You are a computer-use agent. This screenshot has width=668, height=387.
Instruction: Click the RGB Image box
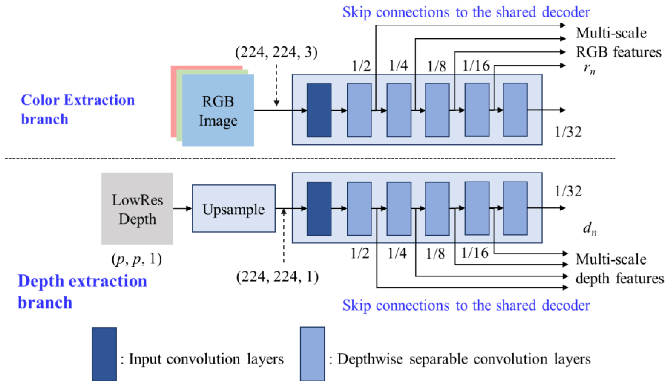pyautogui.click(x=218, y=110)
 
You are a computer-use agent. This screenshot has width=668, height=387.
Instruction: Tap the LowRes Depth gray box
pyautogui.click(x=137, y=209)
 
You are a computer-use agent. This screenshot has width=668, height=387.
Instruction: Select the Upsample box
pyautogui.click(x=234, y=209)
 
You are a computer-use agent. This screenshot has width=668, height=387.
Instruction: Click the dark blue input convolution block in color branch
pyautogui.click(x=319, y=110)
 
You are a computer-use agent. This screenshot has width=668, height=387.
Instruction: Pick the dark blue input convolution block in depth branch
pyautogui.click(x=319, y=209)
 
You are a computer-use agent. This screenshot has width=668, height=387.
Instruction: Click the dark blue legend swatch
pyautogui.click(x=104, y=354)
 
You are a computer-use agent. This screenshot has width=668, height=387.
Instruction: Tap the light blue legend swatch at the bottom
pyautogui.click(x=312, y=354)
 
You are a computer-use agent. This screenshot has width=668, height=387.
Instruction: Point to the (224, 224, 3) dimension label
pyautogui.click(x=276, y=52)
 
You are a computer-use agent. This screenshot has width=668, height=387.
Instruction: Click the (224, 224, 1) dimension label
pyautogui.click(x=277, y=277)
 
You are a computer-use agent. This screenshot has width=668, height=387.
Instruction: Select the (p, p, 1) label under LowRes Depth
pyautogui.click(x=136, y=259)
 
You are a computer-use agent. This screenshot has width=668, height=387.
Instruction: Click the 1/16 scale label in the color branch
pyautogui.click(x=476, y=66)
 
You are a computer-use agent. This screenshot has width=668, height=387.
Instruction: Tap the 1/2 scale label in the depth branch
pyautogui.click(x=360, y=253)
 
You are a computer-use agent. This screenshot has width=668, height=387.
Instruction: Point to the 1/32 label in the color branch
pyautogui.click(x=568, y=132)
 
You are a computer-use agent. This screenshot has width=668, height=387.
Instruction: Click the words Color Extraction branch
pyautogui.click(x=77, y=109)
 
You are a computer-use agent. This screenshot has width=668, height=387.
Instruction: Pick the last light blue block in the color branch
pyautogui.click(x=515, y=110)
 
